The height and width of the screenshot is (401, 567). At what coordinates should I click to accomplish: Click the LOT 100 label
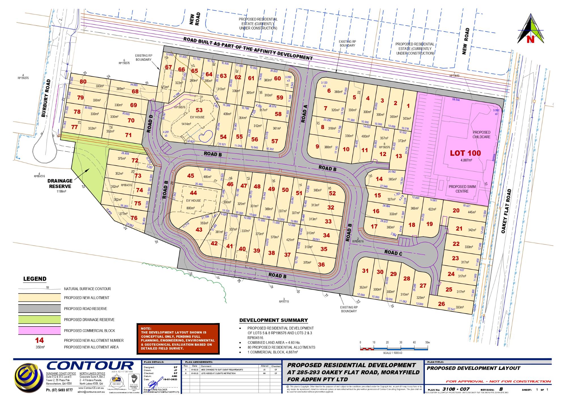click(466, 153)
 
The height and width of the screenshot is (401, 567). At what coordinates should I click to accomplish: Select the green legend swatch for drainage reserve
click(39, 320)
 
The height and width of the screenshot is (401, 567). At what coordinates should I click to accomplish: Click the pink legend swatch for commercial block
click(39, 330)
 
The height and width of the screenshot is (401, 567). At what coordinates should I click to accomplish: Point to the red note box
click(178, 339)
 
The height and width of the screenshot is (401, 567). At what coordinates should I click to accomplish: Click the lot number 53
click(199, 110)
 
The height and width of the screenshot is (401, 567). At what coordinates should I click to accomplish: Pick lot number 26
click(441, 304)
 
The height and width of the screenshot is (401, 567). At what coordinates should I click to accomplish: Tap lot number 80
click(83, 82)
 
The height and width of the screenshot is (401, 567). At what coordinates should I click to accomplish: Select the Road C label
click(393, 252)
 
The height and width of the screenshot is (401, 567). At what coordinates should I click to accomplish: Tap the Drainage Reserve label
click(59, 183)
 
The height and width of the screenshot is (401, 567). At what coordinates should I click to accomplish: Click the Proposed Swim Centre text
click(462, 189)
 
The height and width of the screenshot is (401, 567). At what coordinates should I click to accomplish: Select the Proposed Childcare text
click(481, 134)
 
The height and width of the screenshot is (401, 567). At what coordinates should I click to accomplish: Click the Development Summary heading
click(274, 320)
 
